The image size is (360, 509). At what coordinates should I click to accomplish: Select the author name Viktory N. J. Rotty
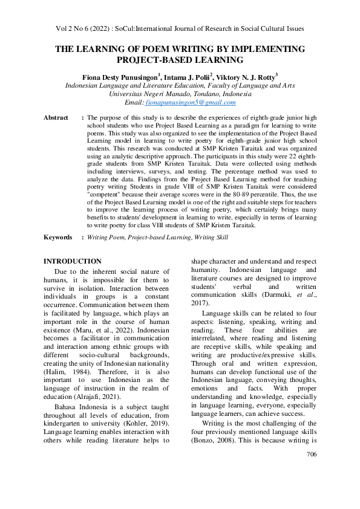click(x=248, y=77)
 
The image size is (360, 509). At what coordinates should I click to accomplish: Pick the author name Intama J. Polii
click(x=188, y=77)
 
